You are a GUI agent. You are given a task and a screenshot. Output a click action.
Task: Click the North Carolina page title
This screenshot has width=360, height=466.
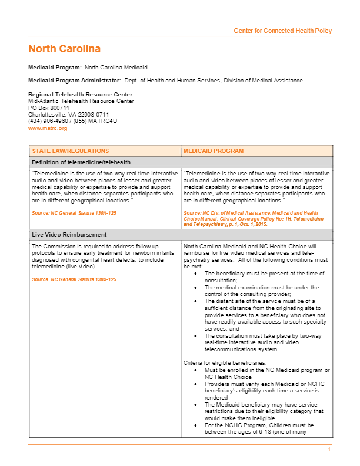(x=64, y=49)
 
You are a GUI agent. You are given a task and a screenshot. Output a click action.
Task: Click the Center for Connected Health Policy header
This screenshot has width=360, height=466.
(x=282, y=31)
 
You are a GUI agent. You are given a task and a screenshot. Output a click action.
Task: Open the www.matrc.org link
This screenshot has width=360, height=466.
(x=48, y=128)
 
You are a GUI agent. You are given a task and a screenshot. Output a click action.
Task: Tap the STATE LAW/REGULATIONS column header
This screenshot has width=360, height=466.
(x=70, y=151)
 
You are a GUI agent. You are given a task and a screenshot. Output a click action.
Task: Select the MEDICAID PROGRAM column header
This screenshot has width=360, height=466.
(x=213, y=151)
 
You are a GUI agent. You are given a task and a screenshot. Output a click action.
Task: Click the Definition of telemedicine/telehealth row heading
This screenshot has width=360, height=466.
(x=81, y=162)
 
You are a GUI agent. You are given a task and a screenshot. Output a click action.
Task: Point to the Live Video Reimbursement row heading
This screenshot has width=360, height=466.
(x=69, y=235)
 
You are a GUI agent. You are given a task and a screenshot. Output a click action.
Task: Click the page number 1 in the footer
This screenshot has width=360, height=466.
(x=329, y=450)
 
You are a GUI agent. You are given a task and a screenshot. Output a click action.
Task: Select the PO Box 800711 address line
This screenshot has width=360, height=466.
(x=49, y=108)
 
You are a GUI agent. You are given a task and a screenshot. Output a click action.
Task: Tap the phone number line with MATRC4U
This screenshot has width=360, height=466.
(x=73, y=121)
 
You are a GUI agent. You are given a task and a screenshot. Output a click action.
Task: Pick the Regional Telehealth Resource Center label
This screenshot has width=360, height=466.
(x=81, y=95)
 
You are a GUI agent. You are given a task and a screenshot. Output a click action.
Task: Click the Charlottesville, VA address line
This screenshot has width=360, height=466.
(x=69, y=114)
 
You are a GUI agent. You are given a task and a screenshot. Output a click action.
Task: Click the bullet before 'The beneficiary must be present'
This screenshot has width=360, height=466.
(x=195, y=274)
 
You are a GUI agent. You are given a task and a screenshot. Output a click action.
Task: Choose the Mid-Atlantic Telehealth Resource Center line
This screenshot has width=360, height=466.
(x=81, y=101)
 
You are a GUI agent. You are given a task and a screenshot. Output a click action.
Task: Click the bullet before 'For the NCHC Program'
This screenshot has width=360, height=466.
(x=195, y=424)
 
